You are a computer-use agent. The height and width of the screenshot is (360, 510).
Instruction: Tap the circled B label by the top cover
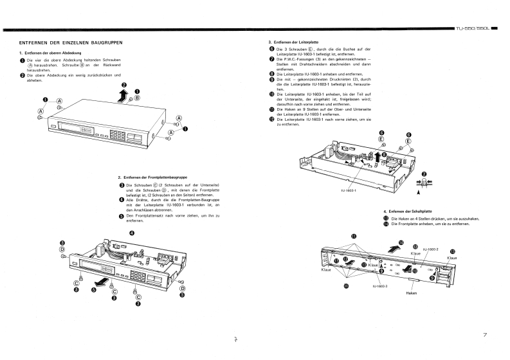tap(137, 98)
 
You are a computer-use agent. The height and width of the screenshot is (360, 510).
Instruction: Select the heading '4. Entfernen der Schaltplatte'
tap(408, 212)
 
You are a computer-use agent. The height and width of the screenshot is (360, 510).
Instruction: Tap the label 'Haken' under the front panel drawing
tap(412, 293)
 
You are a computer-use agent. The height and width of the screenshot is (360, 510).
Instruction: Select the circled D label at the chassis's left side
tap(62, 249)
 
